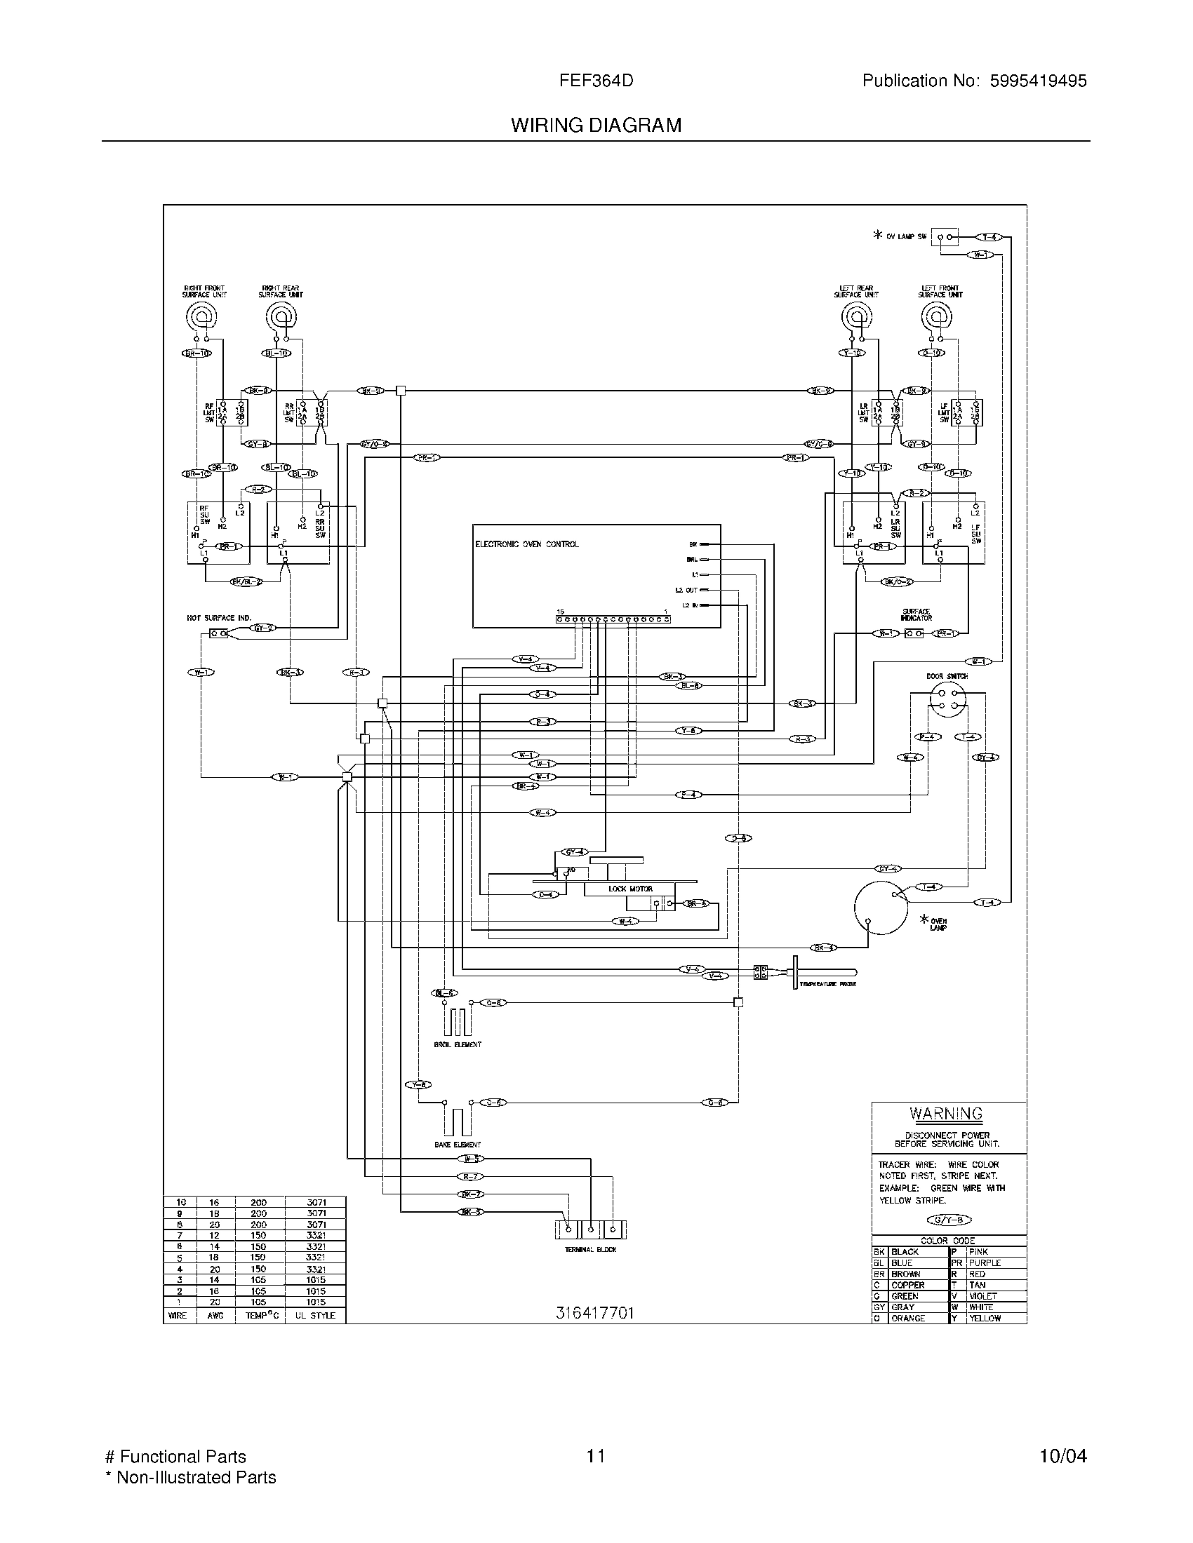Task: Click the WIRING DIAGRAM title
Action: [x=596, y=126]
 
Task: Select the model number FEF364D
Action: [x=596, y=81]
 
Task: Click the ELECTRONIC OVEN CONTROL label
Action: [x=526, y=544]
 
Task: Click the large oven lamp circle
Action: [x=881, y=908]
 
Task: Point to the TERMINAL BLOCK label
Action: [x=590, y=1250]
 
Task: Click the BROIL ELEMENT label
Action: [x=458, y=1044]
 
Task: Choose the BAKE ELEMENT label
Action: [x=458, y=1145]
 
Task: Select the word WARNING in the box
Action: [x=946, y=1114]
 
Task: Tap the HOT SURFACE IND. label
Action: [x=218, y=618]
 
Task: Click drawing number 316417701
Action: [x=594, y=1313]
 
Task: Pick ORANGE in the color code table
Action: [x=907, y=1319]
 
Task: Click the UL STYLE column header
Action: [x=315, y=1316]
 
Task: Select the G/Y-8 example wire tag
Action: [x=949, y=1220]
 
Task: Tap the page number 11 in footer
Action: [x=595, y=1457]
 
